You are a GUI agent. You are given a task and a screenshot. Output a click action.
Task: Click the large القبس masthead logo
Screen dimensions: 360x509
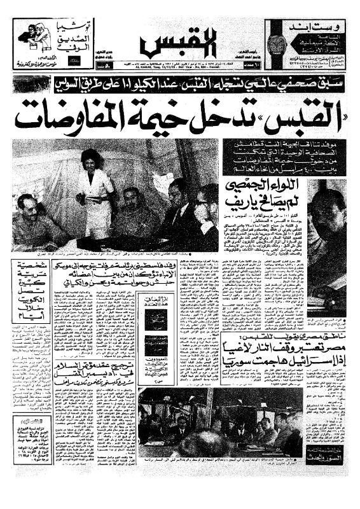click(179, 43)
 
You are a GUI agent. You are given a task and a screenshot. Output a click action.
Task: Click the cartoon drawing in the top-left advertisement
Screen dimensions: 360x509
click(31, 38)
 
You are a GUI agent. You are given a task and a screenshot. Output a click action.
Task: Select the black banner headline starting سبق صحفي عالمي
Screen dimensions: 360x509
click(179, 83)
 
